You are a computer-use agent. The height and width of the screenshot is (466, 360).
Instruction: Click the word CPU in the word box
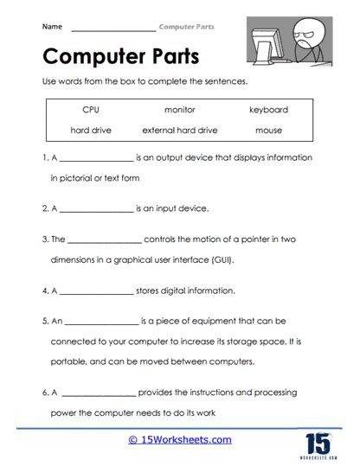click(92, 110)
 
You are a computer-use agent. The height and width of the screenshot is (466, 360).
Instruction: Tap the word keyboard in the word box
click(268, 110)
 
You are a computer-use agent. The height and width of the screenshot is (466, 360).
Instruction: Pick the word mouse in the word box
click(268, 131)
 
